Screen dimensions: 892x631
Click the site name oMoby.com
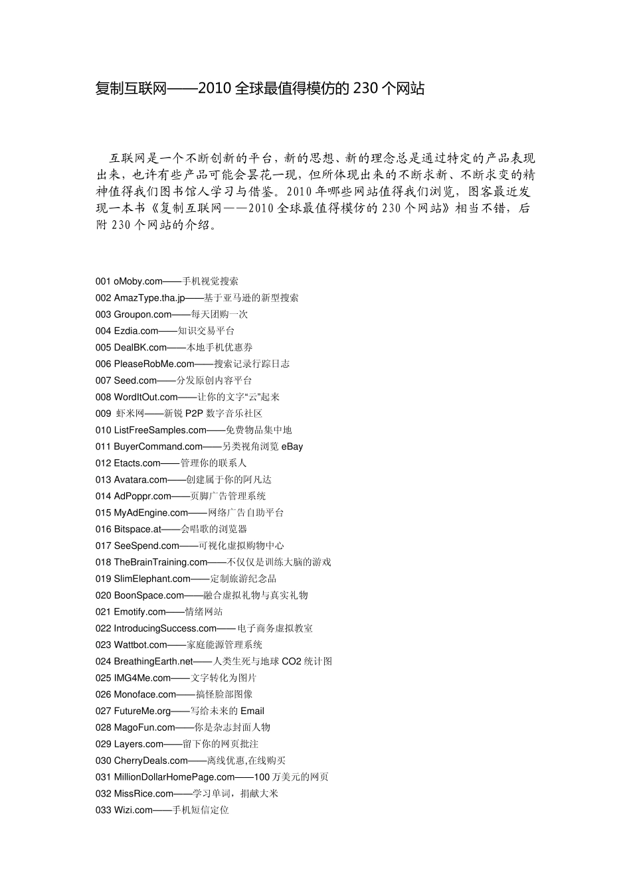[138, 281]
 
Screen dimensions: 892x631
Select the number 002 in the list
[103, 298]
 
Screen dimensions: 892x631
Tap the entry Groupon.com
[143, 315]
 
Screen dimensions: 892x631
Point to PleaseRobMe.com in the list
[154, 364]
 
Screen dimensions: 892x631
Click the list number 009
[103, 413]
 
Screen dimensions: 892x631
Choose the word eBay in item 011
[292, 447]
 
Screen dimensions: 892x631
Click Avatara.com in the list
[141, 480]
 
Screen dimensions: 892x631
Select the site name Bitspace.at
[137, 530]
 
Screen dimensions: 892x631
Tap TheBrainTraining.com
[161, 562]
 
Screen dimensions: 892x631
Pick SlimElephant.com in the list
[152, 579]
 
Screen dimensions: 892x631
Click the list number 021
[103, 612]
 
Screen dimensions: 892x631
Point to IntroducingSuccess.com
[165, 629]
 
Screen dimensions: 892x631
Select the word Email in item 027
[252, 711]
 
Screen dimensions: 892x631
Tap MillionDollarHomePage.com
[175, 777]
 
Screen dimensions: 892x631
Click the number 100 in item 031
[262, 777]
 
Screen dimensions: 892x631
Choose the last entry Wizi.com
[134, 810]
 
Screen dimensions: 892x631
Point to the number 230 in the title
[366, 88]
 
